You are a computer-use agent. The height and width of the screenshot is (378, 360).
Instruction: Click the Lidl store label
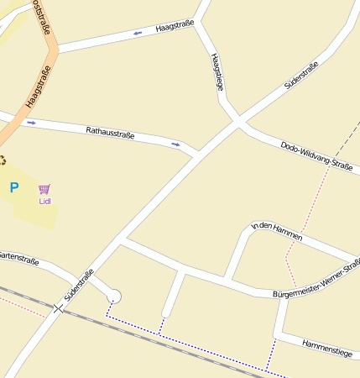coord(44,202)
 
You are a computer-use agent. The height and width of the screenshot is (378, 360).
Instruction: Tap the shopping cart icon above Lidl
coord(44,190)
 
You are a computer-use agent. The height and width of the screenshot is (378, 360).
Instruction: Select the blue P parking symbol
coord(13,188)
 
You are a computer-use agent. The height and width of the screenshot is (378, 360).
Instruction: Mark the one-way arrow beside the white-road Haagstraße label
coord(138,34)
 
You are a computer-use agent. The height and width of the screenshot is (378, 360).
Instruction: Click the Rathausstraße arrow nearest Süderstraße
coord(175,144)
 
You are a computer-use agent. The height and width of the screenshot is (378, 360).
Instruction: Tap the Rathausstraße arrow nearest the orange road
coord(31,123)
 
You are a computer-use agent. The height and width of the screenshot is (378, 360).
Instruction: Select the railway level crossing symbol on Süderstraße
coord(58,309)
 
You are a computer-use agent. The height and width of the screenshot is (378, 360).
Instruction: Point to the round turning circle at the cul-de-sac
coord(115,296)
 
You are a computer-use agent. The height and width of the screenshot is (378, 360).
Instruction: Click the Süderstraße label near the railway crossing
coord(78,286)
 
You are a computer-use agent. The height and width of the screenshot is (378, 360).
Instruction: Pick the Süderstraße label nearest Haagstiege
coord(301,76)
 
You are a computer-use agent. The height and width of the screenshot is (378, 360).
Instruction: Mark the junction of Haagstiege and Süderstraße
coord(237,123)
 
